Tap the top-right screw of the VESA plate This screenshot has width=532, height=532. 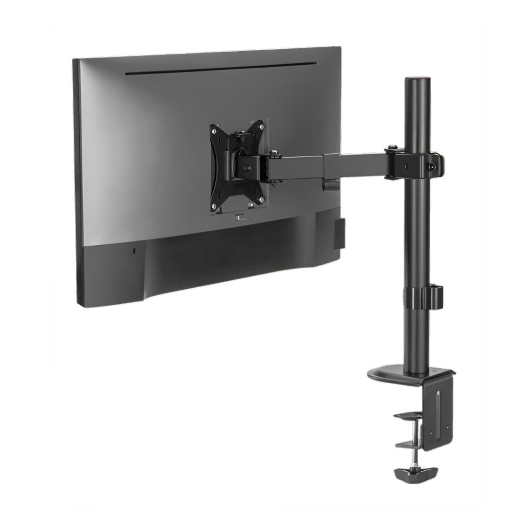[261, 126]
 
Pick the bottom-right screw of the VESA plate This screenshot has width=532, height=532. [261, 200]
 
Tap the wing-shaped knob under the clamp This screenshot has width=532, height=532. [414, 471]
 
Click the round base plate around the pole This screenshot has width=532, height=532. [394, 373]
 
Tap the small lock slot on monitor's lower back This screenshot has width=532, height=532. [134, 250]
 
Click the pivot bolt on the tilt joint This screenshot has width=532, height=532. [274, 155]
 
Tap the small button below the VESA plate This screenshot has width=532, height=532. [240, 217]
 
